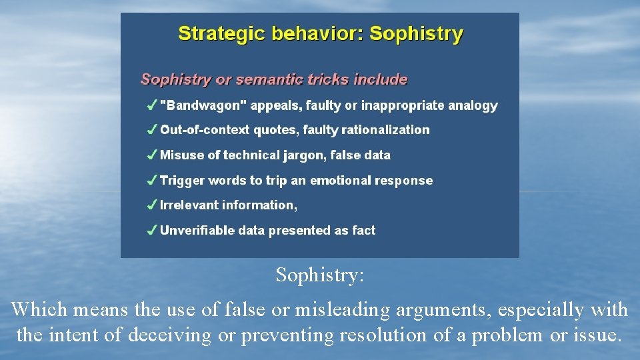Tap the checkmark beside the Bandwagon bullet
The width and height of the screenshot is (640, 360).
point(152,105)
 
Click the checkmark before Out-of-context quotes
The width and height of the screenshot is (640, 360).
point(152,130)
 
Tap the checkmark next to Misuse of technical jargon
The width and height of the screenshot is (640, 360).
point(152,155)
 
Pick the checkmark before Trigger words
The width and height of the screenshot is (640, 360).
point(152,181)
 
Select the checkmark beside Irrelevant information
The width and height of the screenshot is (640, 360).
point(152,205)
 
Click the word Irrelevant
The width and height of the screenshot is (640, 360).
point(189,205)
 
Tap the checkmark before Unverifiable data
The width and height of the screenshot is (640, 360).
point(152,231)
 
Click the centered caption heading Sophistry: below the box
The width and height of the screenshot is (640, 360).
point(320,275)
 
